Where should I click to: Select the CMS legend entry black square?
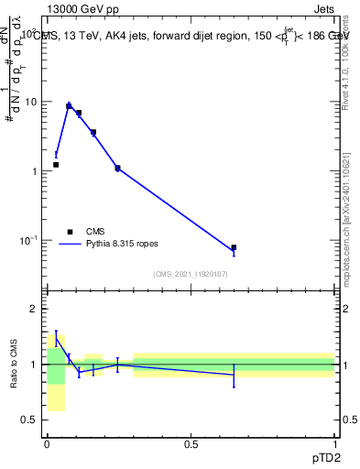69,232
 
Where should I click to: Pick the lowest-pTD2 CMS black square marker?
56,165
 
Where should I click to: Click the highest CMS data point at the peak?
69,106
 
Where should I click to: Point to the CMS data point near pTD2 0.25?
117,168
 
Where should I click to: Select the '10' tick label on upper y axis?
32,102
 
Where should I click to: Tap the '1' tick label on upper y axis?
35,171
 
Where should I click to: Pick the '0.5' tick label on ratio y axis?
31,420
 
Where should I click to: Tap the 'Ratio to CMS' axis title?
14,364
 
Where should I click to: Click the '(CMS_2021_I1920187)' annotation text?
191,274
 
